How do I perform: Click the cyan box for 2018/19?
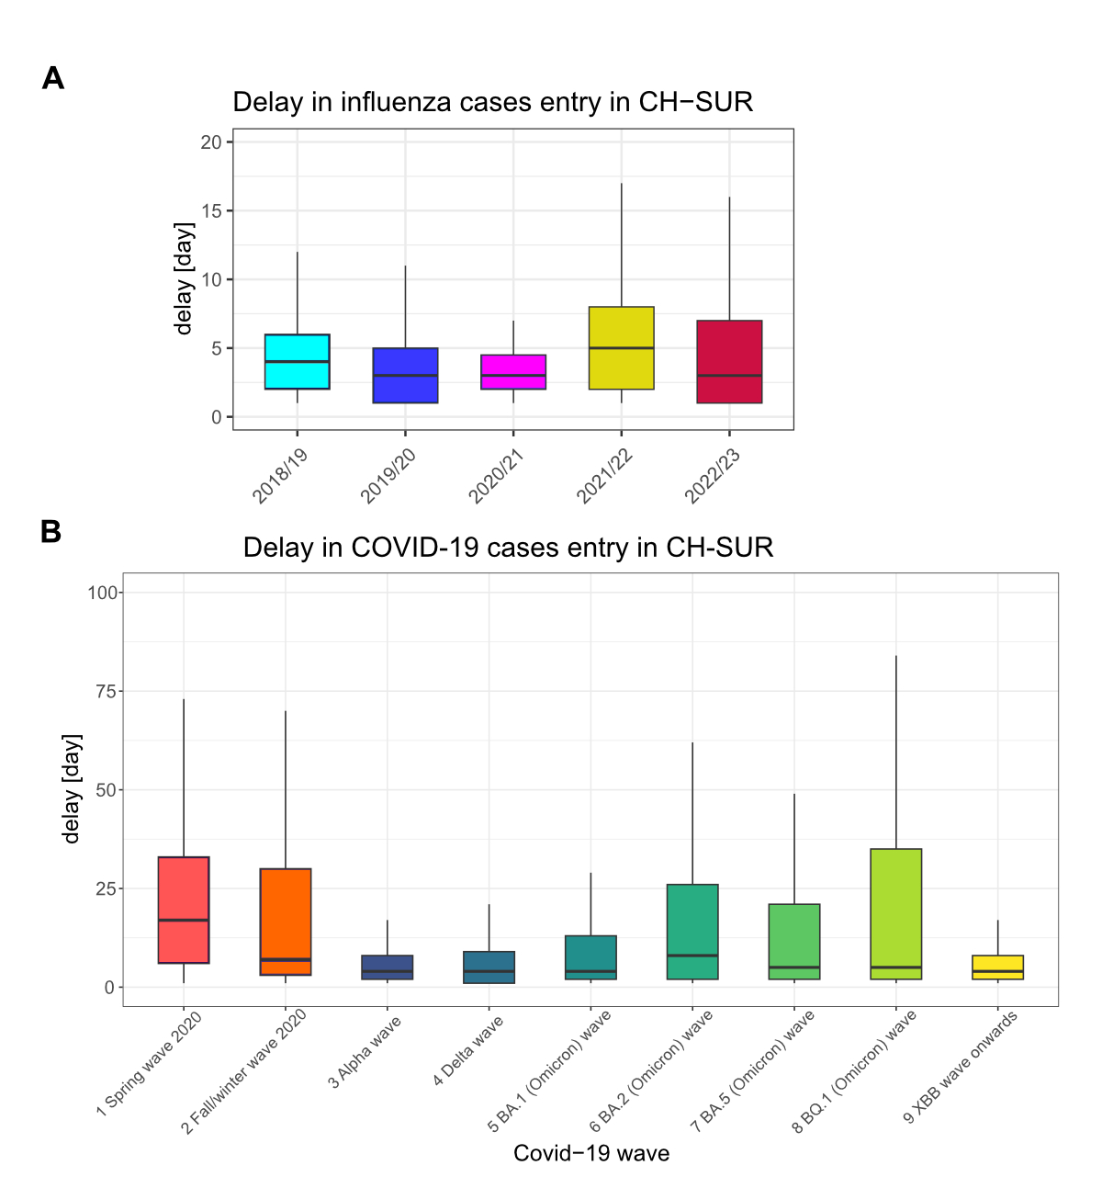pyautogui.click(x=297, y=361)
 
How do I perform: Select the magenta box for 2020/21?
pyautogui.click(x=513, y=372)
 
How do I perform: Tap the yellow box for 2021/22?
pyautogui.click(x=622, y=348)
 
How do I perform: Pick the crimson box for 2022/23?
pyautogui.click(x=729, y=361)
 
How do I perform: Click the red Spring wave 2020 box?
pyautogui.click(x=184, y=910)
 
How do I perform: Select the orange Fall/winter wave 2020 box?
pyautogui.click(x=286, y=922)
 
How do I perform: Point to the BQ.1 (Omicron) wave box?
pyautogui.click(x=895, y=914)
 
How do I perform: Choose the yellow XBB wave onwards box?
pyautogui.click(x=997, y=967)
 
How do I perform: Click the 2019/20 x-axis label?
pyautogui.click(x=388, y=477)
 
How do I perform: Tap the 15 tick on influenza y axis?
pyautogui.click(x=212, y=210)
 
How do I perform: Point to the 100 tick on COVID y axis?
pyautogui.click(x=103, y=593)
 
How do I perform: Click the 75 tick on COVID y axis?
pyautogui.click(x=108, y=691)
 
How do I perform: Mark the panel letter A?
pyautogui.click(x=53, y=79)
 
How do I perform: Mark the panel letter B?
pyautogui.click(x=51, y=532)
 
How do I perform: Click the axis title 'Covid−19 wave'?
pyautogui.click(x=591, y=1153)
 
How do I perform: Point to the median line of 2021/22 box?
pyautogui.click(x=622, y=348)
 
